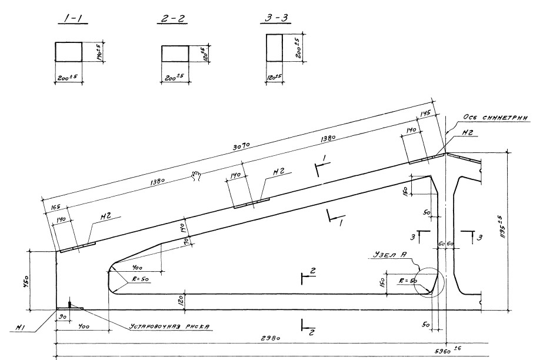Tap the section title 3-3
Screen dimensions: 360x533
tap(273, 19)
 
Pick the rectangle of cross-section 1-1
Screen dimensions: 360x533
tap(68, 52)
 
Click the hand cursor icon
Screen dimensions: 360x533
tap(196, 175)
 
